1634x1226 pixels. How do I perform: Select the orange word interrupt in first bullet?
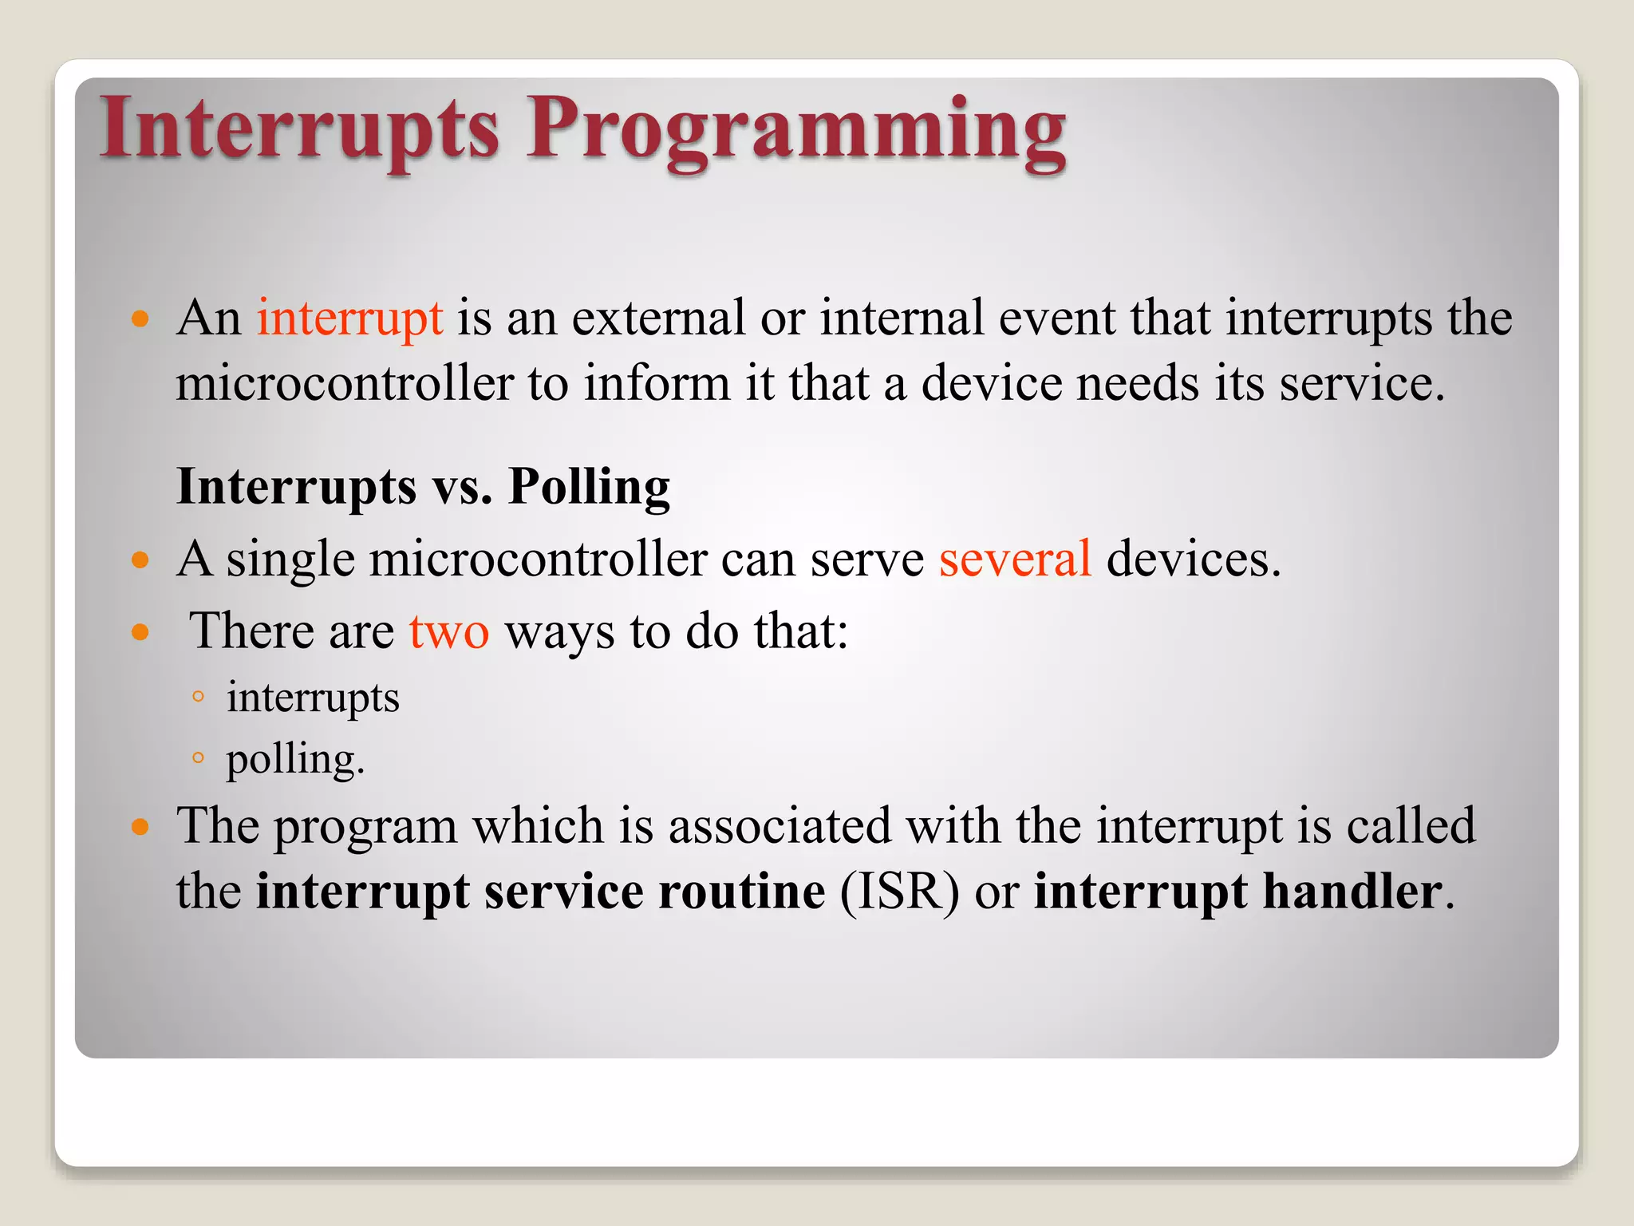coord(349,318)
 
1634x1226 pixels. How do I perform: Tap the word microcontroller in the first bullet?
coord(344,384)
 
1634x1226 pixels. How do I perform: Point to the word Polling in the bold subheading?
coord(589,487)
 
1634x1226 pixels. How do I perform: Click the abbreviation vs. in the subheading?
coord(462,487)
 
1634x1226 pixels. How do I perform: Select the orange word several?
coord(1015,560)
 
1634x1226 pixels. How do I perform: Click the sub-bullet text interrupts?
coord(313,698)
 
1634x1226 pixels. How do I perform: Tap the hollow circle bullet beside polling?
coord(199,757)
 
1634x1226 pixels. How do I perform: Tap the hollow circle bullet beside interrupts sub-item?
coord(199,697)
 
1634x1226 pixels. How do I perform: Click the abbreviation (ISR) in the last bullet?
coord(899,892)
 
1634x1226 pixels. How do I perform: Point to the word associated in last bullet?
coord(779,826)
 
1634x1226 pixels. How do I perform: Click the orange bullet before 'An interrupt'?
coord(140,320)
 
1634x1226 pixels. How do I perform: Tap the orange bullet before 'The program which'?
coord(140,827)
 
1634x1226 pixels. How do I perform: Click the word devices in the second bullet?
coord(1193,560)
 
